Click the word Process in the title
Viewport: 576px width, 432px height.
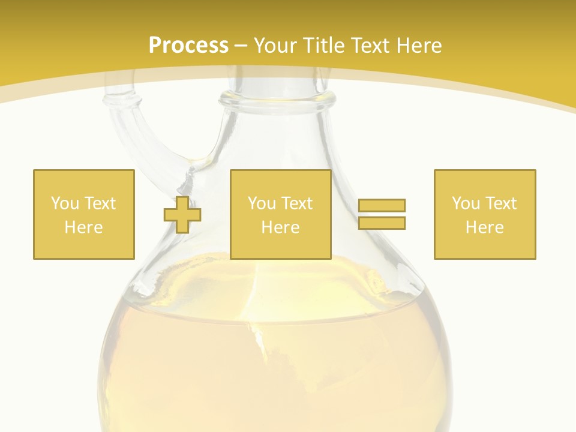(x=188, y=46)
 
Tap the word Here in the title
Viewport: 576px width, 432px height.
(x=417, y=46)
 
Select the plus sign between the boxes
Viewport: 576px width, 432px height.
(x=182, y=214)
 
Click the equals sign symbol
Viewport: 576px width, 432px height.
(x=382, y=214)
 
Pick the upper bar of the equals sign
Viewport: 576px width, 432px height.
(x=382, y=206)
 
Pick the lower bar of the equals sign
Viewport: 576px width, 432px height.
(x=382, y=223)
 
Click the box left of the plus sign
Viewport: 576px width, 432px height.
(x=83, y=214)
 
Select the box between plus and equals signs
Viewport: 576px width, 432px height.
(x=280, y=214)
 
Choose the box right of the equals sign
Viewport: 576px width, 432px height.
(x=484, y=214)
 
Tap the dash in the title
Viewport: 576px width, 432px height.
(x=241, y=46)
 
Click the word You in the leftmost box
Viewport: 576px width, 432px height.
(x=64, y=203)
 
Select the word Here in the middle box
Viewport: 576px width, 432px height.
(x=280, y=227)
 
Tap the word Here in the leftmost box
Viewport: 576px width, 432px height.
(x=83, y=227)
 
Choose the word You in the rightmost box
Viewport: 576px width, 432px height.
(x=466, y=203)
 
